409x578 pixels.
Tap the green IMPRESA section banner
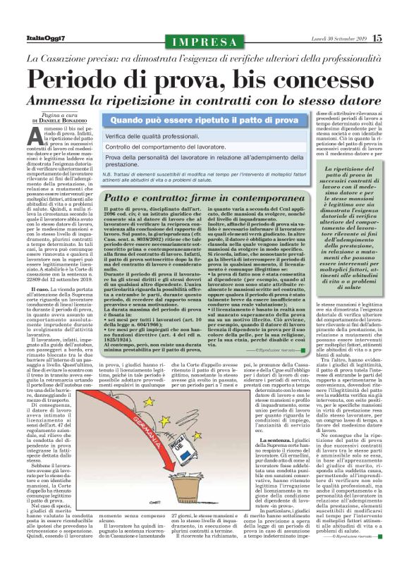point(204,43)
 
